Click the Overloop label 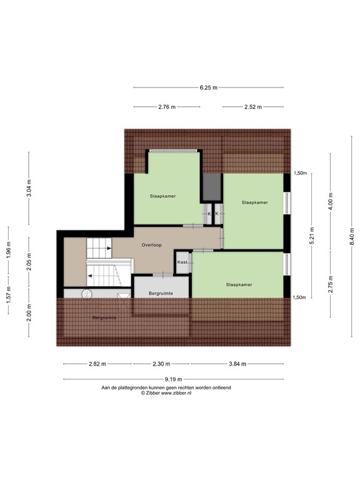(x=151, y=245)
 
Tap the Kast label (x=182, y=262)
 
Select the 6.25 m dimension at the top (x=208, y=88)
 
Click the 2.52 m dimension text (x=253, y=107)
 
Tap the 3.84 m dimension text (x=237, y=364)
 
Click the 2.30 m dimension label (x=161, y=364)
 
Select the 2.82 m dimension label (x=97, y=364)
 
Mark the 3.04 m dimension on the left (x=29, y=187)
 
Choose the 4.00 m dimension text (x=331, y=201)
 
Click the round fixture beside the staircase (x=87, y=292)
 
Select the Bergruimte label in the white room (x=161, y=293)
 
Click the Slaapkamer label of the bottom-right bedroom (x=239, y=284)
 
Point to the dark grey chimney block (x=212, y=186)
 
